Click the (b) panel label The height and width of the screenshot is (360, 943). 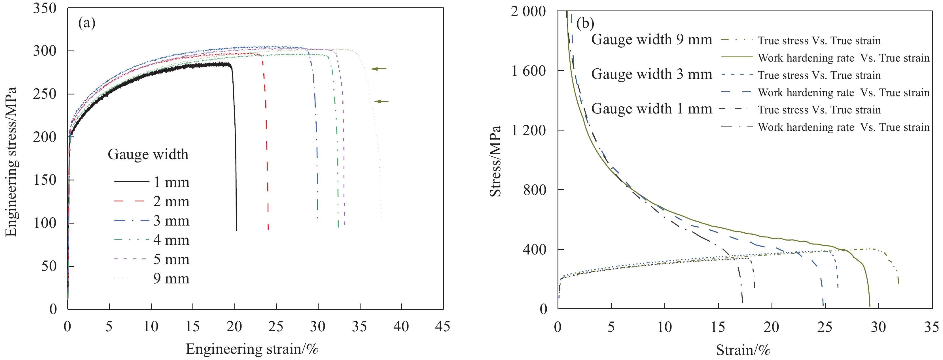pyautogui.click(x=585, y=24)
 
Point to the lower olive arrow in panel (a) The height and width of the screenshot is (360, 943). pyautogui.click(x=382, y=102)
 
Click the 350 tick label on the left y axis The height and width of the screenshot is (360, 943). pyautogui.click(x=45, y=8)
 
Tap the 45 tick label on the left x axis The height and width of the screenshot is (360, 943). pyautogui.click(x=442, y=326)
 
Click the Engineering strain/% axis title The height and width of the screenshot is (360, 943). pyautogui.click(x=252, y=349)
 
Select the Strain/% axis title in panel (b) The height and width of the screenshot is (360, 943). pyautogui.click(x=743, y=350)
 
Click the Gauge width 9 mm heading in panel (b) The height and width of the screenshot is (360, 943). pyautogui.click(x=652, y=39)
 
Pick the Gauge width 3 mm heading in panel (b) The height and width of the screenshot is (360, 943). pyautogui.click(x=652, y=74)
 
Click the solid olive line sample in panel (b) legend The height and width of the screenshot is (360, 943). pyautogui.click(x=737, y=58)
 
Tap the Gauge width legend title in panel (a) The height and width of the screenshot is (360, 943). pyautogui.click(x=148, y=154)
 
